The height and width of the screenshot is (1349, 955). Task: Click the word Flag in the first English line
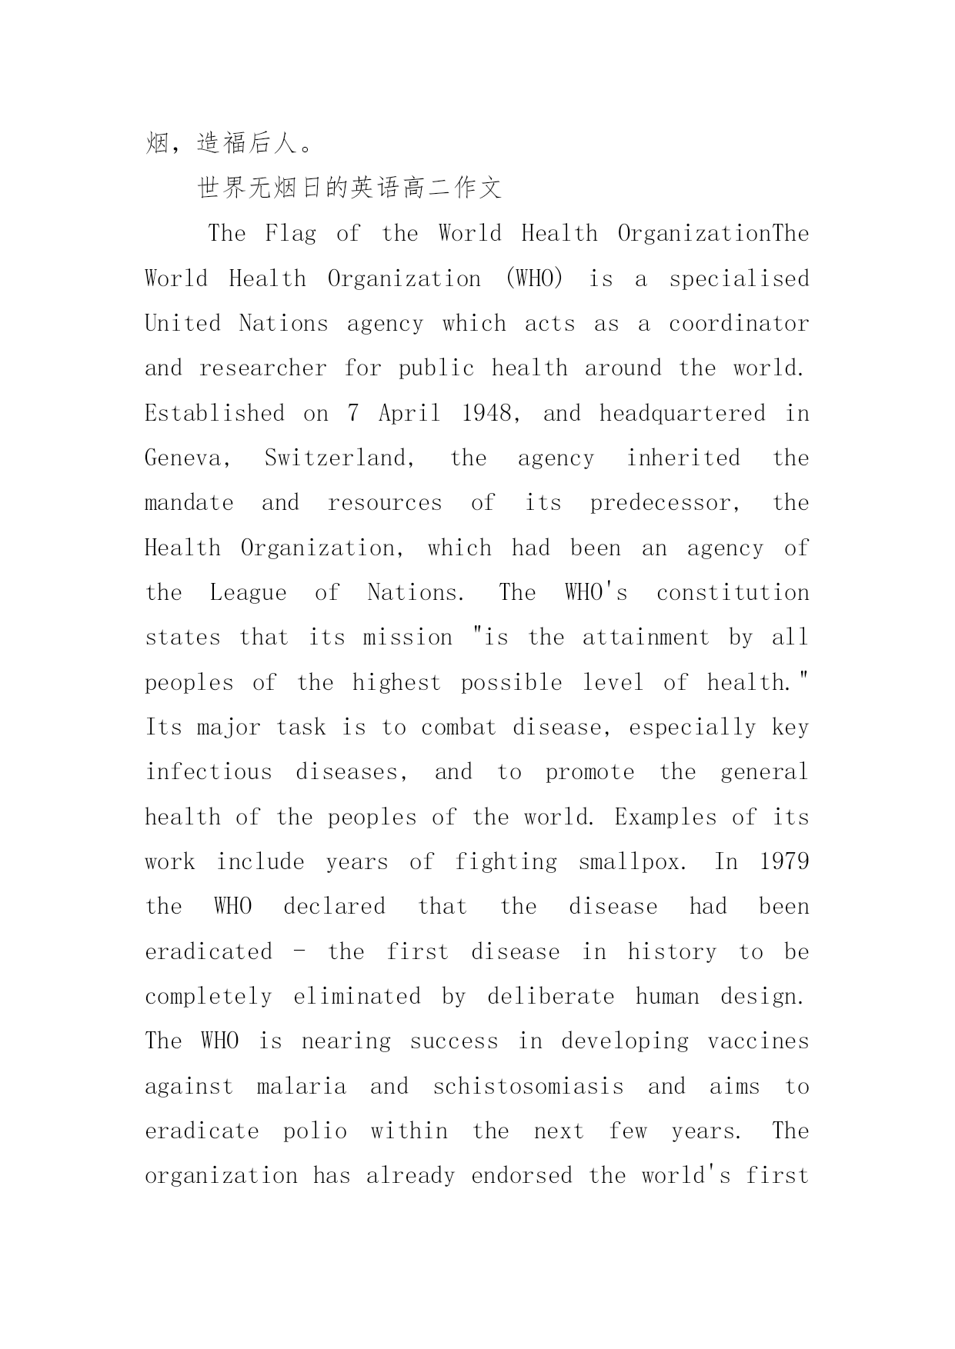pyautogui.click(x=290, y=234)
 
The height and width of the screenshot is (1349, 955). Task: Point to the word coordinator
pyautogui.click(x=739, y=324)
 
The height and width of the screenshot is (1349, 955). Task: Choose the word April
pyautogui.click(x=409, y=414)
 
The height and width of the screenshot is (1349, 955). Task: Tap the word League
pyautogui.click(x=248, y=593)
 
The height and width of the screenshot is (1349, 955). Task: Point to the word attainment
pyautogui.click(x=646, y=638)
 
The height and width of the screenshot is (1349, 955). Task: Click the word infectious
pyautogui.click(x=209, y=772)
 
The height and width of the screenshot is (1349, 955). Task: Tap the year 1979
pyautogui.click(x=784, y=862)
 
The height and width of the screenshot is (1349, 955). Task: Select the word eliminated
pyautogui.click(x=357, y=997)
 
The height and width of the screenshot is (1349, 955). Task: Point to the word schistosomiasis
pyautogui.click(x=529, y=1087)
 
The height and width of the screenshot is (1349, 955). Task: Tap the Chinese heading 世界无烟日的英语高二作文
pyautogui.click(x=350, y=188)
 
